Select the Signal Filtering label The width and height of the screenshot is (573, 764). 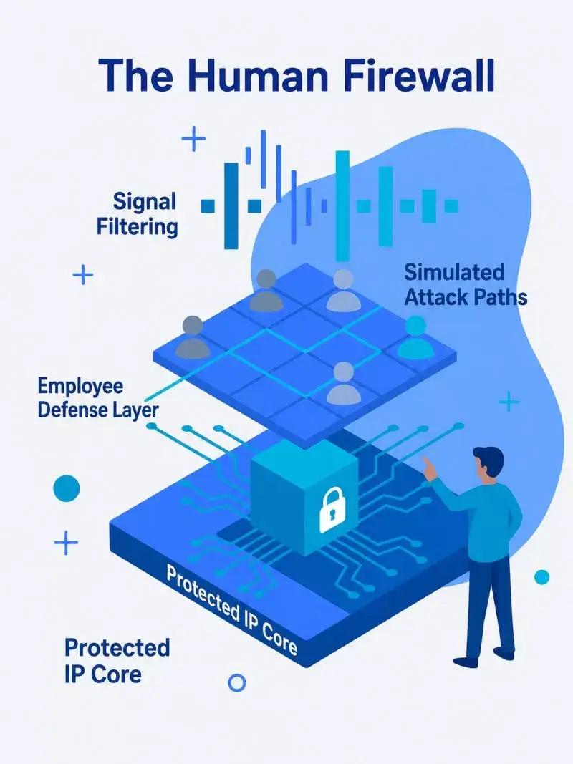click(x=138, y=214)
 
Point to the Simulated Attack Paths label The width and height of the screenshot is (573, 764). click(x=466, y=284)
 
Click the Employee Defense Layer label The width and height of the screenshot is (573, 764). click(x=98, y=398)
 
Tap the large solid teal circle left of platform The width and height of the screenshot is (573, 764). click(x=67, y=488)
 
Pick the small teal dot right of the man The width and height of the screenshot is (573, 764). click(x=541, y=577)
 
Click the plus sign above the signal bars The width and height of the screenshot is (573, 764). click(x=193, y=139)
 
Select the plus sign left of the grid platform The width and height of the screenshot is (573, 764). click(x=83, y=275)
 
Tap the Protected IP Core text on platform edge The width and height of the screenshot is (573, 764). click(x=231, y=610)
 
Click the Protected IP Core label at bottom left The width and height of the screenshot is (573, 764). click(x=117, y=661)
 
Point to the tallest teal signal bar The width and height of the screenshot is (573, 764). click(x=342, y=206)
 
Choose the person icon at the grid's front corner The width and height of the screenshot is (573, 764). click(x=344, y=384)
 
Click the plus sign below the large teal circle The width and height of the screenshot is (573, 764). click(x=66, y=543)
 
